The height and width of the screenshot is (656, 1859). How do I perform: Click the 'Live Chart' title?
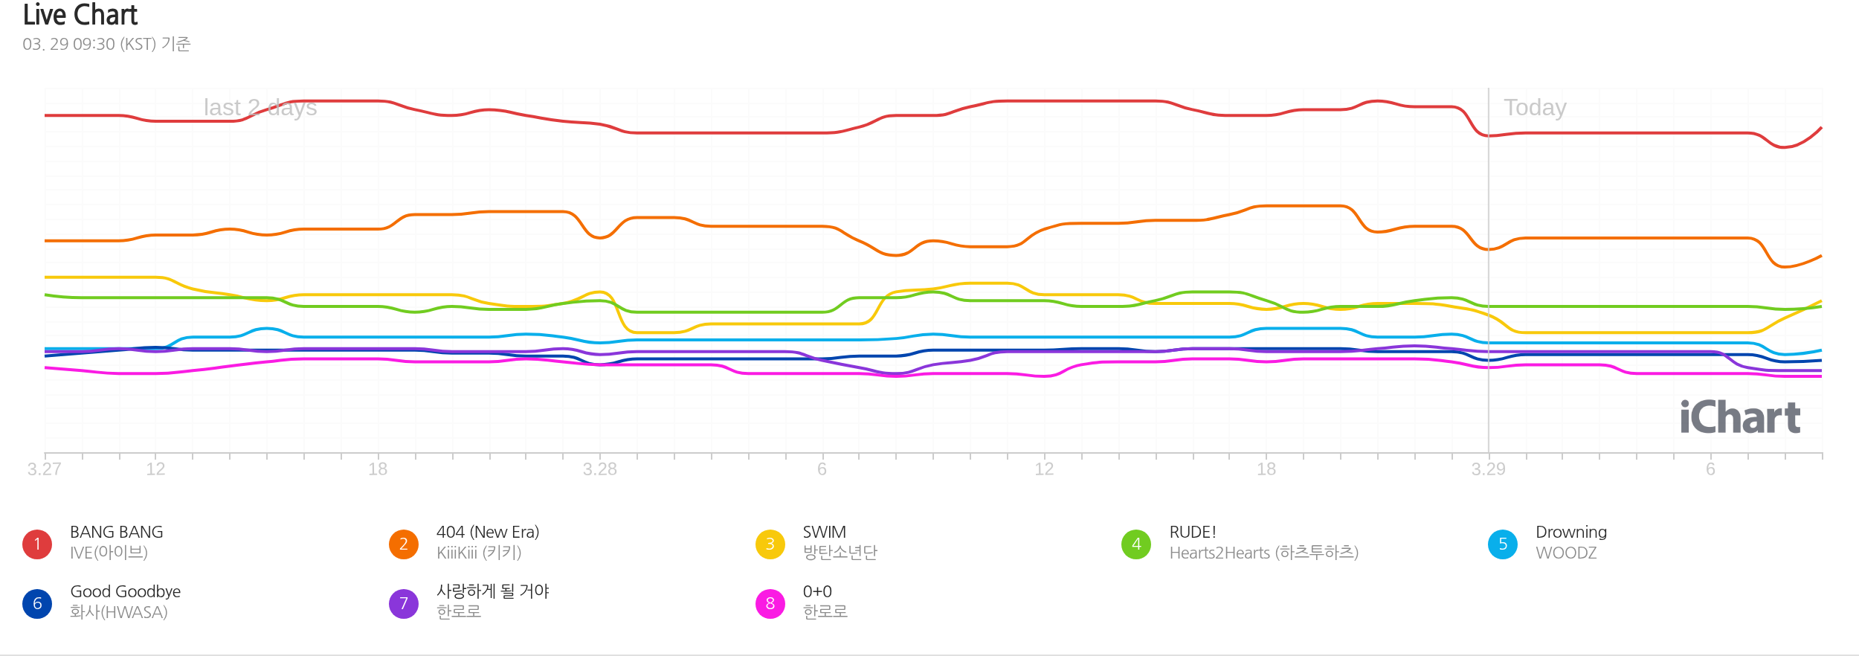coord(80,15)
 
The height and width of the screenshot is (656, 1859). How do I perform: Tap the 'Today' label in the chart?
coord(1535,108)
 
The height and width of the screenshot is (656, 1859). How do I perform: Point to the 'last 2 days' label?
coord(260,108)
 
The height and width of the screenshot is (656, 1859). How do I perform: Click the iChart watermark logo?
coord(1740,417)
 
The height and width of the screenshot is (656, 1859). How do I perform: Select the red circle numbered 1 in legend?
coord(37,544)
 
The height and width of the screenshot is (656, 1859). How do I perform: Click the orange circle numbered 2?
coord(404,544)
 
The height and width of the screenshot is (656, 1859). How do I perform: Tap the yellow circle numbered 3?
coord(770,544)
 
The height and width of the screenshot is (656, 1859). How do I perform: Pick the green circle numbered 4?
coord(1136,544)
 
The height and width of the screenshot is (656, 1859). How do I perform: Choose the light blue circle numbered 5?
coord(1503,544)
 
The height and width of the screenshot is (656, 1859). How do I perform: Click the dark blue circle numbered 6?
coord(37,604)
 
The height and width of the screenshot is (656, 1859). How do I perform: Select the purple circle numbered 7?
coord(404,604)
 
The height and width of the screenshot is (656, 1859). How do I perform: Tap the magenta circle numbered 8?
coord(770,604)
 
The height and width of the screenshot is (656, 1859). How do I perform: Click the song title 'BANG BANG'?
coord(117,533)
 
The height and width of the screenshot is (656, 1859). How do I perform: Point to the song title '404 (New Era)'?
coord(488,533)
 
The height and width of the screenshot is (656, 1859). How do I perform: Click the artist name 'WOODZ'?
coord(1566,553)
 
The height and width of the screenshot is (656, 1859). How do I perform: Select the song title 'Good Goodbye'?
coord(126,592)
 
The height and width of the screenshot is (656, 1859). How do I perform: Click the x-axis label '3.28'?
coord(599,469)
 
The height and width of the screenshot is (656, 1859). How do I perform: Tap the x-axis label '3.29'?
coord(1488,469)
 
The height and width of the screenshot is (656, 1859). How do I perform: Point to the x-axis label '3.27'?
coord(45,469)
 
